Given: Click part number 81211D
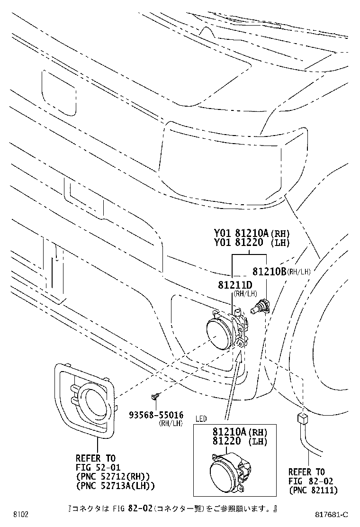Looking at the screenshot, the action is pyautogui.click(x=235, y=285).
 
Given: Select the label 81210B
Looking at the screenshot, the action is pyautogui.click(x=269, y=271).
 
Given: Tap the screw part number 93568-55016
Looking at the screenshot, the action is pyautogui.click(x=156, y=416).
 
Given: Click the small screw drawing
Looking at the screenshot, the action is pyautogui.click(x=155, y=397).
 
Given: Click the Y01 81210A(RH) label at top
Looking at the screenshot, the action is pyautogui.click(x=252, y=233).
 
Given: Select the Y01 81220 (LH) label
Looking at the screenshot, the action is pyautogui.click(x=252, y=242).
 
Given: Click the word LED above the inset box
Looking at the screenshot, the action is pyautogui.click(x=201, y=419).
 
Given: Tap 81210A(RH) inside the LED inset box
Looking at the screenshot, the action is pyautogui.click(x=239, y=432).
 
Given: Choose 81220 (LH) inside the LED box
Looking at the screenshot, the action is pyautogui.click(x=239, y=441).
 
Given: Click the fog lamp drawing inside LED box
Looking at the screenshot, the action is pyautogui.click(x=231, y=470).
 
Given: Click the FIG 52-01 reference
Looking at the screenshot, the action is pyautogui.click(x=98, y=467).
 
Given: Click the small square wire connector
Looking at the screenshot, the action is pyautogui.click(x=302, y=419).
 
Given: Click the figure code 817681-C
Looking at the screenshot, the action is pyautogui.click(x=331, y=515).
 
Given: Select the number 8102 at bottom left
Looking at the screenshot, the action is pyautogui.click(x=21, y=515).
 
